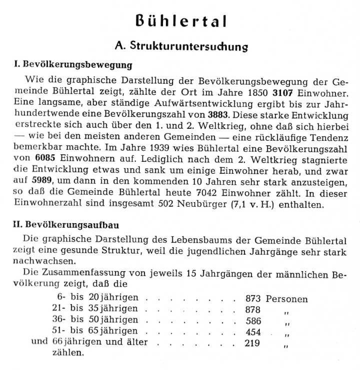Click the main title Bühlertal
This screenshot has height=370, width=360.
click(x=181, y=21)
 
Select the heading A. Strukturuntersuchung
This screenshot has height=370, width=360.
click(x=181, y=46)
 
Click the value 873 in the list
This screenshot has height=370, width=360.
click(x=253, y=299)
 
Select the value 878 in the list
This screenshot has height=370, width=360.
click(x=253, y=310)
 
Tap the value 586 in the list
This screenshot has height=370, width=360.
click(x=253, y=320)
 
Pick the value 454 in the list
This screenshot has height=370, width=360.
click(x=253, y=331)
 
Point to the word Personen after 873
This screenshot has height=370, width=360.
click(x=286, y=299)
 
